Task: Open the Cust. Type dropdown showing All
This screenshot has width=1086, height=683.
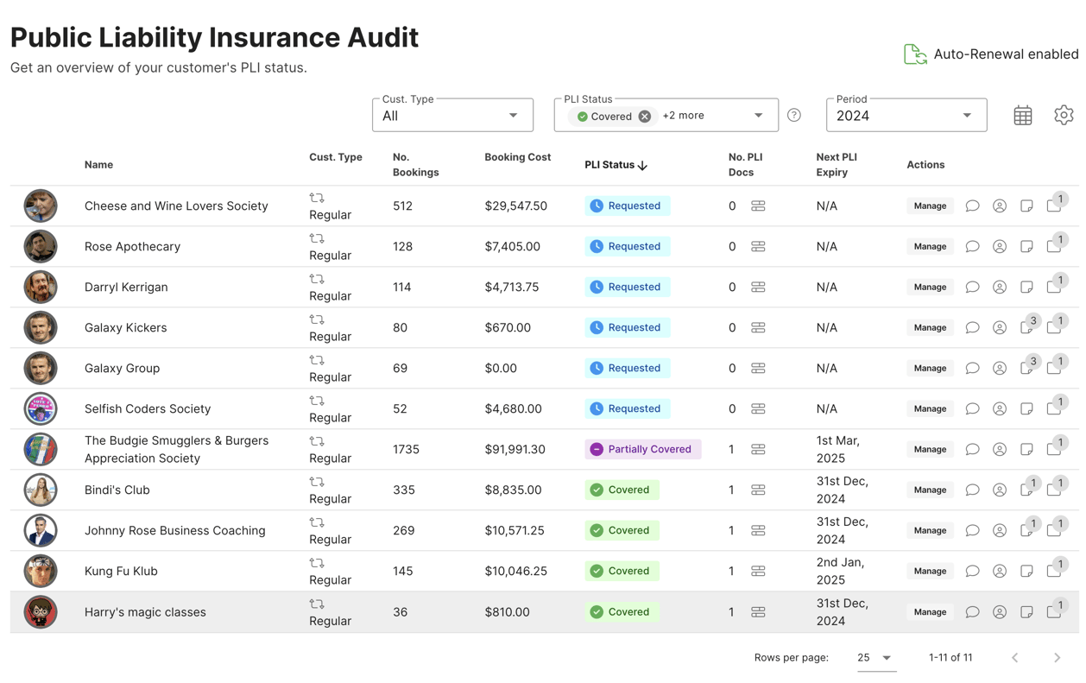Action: [451, 116]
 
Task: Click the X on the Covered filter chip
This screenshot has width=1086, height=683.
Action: [645, 117]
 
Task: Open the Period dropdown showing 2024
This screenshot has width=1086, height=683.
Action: [906, 116]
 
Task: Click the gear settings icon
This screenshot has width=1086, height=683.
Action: [1064, 115]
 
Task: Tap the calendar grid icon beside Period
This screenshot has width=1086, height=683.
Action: [1023, 116]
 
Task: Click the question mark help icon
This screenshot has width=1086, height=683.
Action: [794, 116]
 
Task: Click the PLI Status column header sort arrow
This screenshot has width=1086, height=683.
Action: [643, 165]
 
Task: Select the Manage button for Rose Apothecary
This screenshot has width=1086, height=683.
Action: [930, 246]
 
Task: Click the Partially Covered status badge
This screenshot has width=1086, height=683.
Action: [642, 449]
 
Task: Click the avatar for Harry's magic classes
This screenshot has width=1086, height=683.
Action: [41, 612]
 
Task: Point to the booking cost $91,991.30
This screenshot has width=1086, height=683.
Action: [515, 449]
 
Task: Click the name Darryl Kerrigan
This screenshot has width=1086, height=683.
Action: [126, 287]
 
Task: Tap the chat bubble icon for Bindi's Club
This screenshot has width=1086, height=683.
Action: [972, 490]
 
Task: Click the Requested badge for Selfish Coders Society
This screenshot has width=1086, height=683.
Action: [627, 408]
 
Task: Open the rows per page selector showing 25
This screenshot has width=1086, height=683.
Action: [874, 658]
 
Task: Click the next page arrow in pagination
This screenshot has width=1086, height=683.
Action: [1057, 658]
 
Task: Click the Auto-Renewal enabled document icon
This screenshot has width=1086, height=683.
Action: [915, 54]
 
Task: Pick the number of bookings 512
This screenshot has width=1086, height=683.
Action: [402, 206]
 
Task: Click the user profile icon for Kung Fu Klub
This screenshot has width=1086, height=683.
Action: [1000, 571]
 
